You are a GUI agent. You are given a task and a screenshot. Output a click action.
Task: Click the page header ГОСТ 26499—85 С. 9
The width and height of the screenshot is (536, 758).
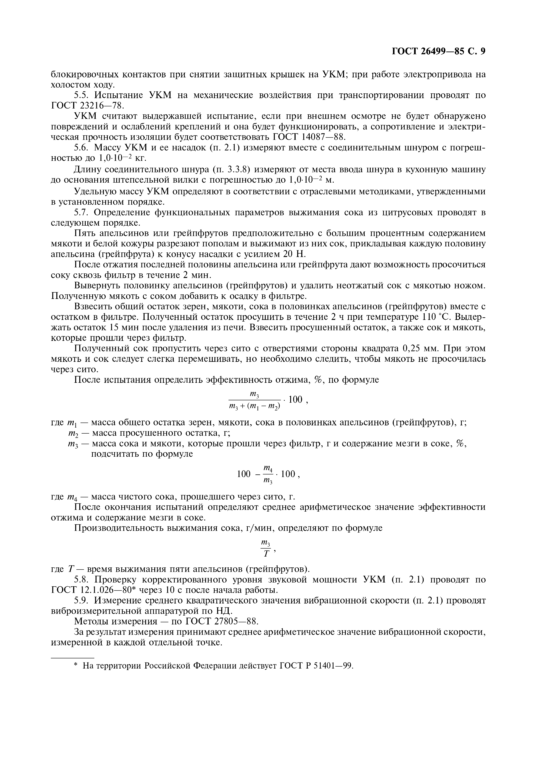click(438, 51)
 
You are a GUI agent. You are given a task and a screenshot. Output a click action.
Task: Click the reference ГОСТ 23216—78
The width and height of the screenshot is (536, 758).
click(88, 106)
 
